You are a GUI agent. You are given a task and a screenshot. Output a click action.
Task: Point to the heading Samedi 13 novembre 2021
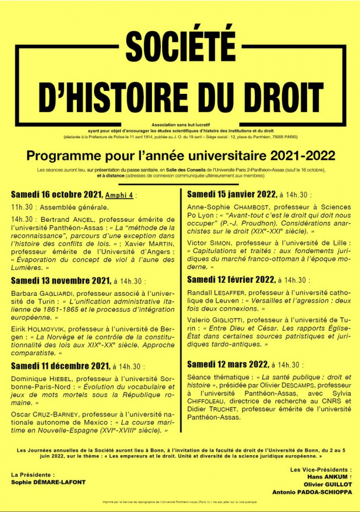60,280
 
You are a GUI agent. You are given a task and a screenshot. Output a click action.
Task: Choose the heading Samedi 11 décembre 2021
60,366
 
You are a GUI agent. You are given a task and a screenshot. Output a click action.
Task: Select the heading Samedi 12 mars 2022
228,365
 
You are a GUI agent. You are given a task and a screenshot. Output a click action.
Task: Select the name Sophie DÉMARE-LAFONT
48,482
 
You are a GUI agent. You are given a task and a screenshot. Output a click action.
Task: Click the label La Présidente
33,474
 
